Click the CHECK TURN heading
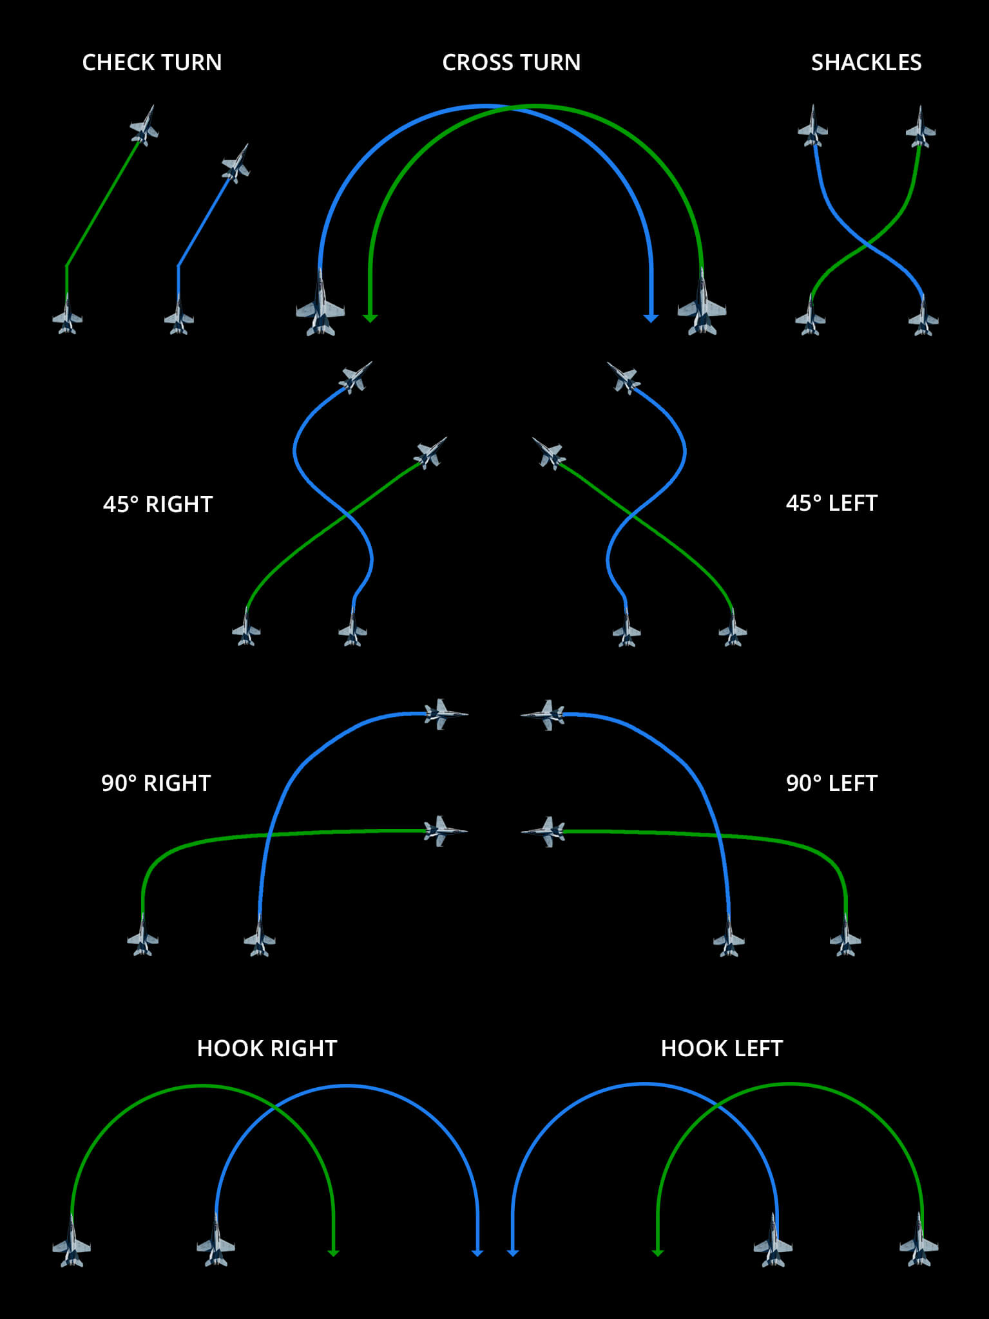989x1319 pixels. coord(152,62)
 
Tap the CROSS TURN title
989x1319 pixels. coord(511,62)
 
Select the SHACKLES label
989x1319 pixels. coord(866,62)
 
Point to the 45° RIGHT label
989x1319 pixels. coord(158,504)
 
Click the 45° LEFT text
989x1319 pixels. coord(831,503)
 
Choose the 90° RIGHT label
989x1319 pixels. coord(156,783)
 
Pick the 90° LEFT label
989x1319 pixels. coord(831,783)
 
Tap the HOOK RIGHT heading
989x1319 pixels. coord(267,1049)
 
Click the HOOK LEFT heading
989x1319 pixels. coord(722,1049)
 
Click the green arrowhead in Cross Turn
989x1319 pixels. coord(370,318)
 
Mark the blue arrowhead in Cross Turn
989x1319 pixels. coord(651,318)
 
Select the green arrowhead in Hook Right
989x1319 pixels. coord(333,1253)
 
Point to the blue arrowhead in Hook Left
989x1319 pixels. coord(513,1253)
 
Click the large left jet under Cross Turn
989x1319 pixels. coord(320,306)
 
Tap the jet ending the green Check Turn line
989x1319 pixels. coord(144,126)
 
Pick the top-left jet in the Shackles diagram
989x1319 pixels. coord(812,128)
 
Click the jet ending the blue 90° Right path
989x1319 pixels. coord(444,714)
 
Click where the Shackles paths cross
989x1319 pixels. coord(867,245)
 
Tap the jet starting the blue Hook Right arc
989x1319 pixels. coord(216,1242)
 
